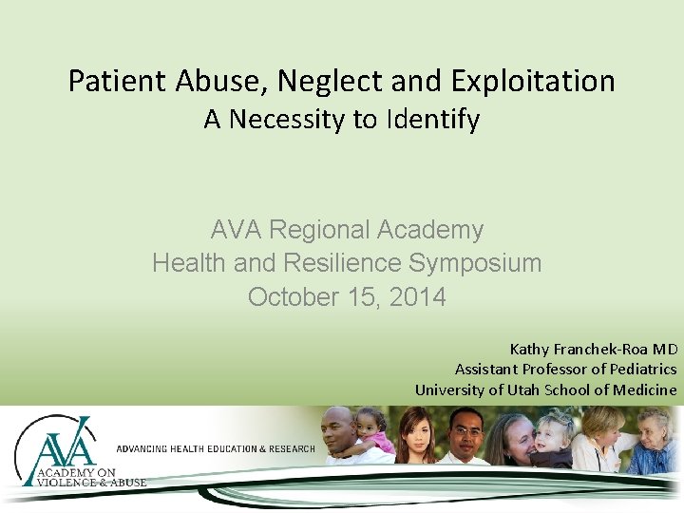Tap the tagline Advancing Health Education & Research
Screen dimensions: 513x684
215,448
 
